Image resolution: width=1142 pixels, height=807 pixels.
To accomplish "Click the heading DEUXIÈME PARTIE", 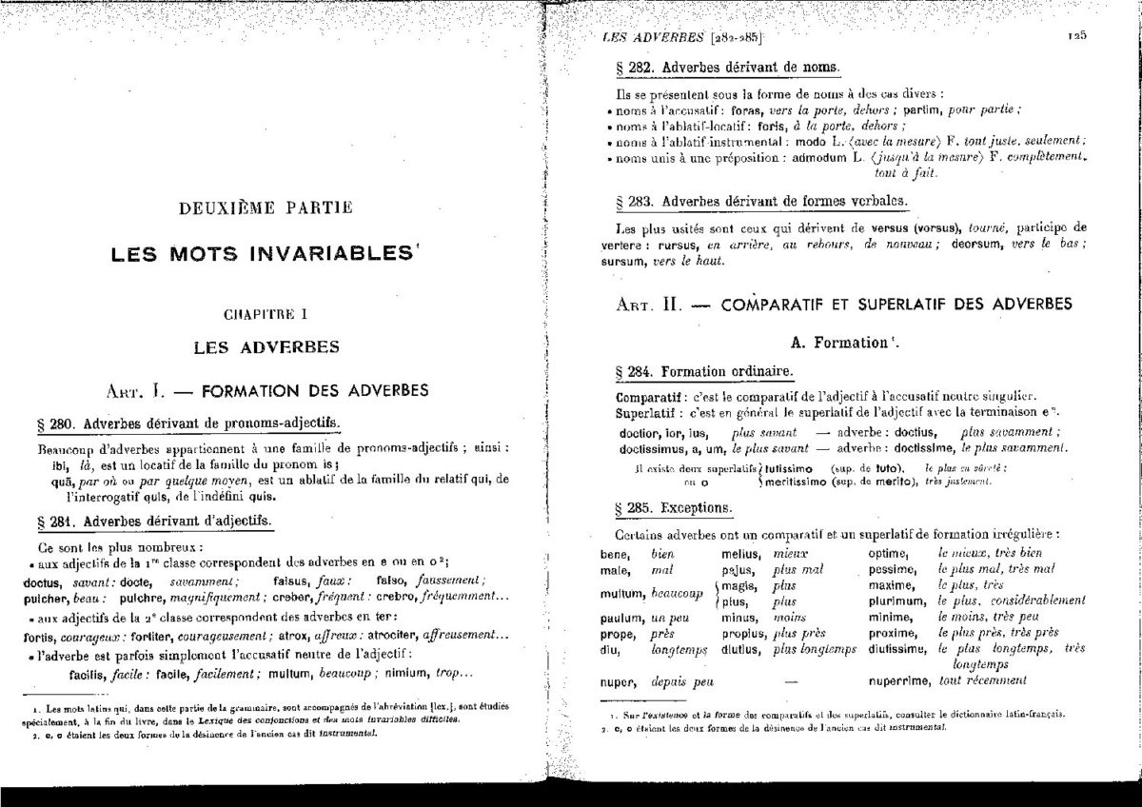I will (x=251, y=206).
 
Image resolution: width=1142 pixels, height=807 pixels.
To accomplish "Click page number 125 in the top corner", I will (x=1076, y=36).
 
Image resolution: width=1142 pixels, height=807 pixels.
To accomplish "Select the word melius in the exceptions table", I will (x=740, y=553).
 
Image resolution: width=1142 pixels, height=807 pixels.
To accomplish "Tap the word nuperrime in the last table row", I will (x=898, y=681).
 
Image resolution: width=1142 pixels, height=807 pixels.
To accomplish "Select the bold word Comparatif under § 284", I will (x=650, y=396).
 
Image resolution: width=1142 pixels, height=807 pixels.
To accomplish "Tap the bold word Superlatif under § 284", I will (x=648, y=411).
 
